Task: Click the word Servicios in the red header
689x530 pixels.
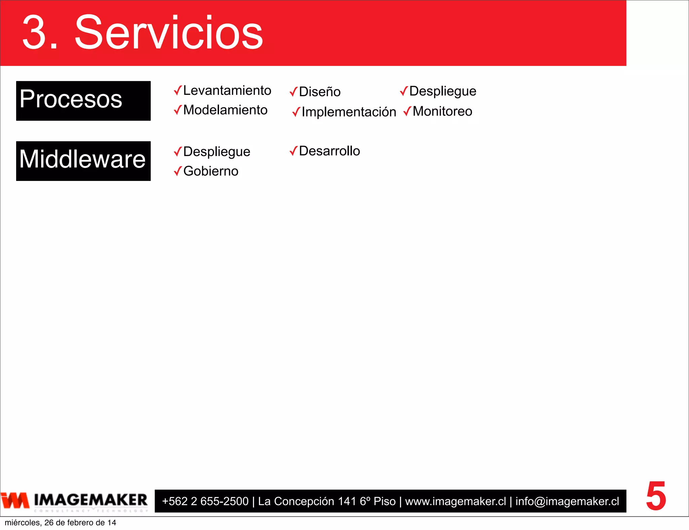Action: pyautogui.click(x=169, y=33)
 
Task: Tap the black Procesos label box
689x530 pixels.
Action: pyautogui.click(x=83, y=101)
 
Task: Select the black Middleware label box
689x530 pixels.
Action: pyautogui.click(x=83, y=161)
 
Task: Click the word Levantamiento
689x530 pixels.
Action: pyautogui.click(x=227, y=90)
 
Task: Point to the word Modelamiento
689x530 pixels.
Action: pyautogui.click(x=225, y=110)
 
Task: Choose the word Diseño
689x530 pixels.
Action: pyautogui.click(x=320, y=92)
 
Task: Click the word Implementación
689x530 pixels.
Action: pyautogui.click(x=349, y=112)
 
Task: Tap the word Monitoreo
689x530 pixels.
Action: pyautogui.click(x=442, y=111)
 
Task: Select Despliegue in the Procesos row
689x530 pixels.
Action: pyautogui.click(x=442, y=91)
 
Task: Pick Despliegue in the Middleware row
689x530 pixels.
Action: pyautogui.click(x=217, y=152)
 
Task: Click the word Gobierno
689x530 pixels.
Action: pyautogui.click(x=211, y=171)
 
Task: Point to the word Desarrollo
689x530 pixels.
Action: pyautogui.click(x=329, y=151)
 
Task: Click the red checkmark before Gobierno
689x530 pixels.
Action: pyautogui.click(x=178, y=171)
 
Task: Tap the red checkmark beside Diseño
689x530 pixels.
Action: pyautogui.click(x=293, y=91)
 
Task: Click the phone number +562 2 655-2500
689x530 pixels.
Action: pyautogui.click(x=205, y=501)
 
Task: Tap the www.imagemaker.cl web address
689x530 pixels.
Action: pyautogui.click(x=455, y=501)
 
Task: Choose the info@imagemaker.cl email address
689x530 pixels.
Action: pyautogui.click(x=567, y=501)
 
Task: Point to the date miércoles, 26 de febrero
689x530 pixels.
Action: pyautogui.click(x=60, y=523)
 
